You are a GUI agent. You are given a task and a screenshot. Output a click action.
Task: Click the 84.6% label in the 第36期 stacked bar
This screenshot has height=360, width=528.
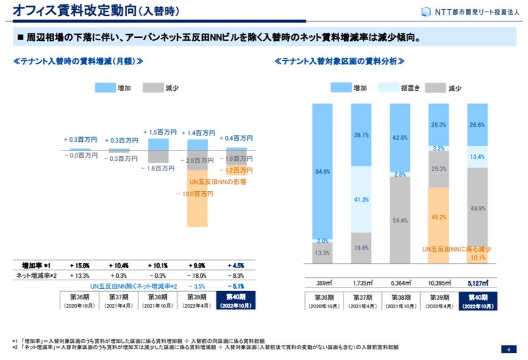click(x=323, y=172)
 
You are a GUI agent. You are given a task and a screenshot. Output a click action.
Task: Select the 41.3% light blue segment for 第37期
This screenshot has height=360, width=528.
click(x=361, y=199)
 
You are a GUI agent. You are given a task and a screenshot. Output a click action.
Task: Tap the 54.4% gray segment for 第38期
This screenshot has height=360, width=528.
click(x=400, y=220)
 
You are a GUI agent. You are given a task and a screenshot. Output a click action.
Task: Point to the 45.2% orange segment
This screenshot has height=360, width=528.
click(x=438, y=216)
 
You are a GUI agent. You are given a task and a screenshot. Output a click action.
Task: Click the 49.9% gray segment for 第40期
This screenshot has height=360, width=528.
click(x=477, y=208)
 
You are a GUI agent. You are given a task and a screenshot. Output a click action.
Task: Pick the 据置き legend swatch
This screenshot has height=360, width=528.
click(x=387, y=88)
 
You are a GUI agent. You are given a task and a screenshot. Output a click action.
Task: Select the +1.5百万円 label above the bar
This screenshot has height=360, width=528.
click(x=160, y=132)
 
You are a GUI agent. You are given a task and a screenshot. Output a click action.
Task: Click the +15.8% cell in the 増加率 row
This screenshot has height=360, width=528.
click(x=80, y=266)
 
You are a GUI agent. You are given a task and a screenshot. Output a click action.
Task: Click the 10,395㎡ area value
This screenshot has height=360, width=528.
click(x=438, y=283)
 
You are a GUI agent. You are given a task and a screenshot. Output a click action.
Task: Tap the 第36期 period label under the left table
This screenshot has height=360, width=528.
click(x=80, y=301)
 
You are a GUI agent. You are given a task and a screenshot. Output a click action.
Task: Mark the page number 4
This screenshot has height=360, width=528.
click(x=507, y=349)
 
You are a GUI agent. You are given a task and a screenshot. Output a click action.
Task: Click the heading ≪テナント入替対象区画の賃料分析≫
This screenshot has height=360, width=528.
click(x=340, y=62)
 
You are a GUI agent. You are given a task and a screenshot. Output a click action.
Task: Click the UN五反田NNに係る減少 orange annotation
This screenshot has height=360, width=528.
click(x=457, y=249)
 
